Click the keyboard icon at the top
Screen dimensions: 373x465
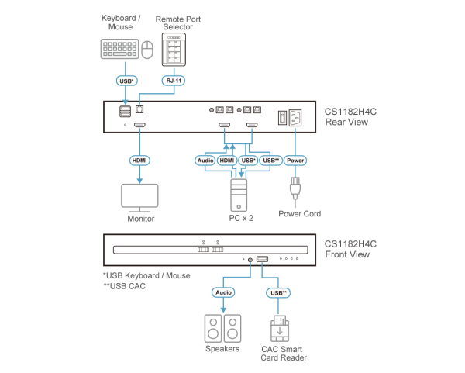point(119,50)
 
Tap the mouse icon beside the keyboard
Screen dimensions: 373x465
point(148,51)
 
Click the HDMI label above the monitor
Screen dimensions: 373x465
point(139,161)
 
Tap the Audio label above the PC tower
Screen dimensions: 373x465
point(204,161)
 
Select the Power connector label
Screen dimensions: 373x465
point(294,161)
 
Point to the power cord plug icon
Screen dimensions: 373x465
point(295,190)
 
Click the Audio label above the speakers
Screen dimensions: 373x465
point(222,292)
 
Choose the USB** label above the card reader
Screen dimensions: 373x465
point(278,292)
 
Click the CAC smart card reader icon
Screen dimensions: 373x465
point(279,329)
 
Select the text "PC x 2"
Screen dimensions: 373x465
point(241,219)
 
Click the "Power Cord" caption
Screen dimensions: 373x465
point(301,213)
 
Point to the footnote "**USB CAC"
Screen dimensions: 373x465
point(124,286)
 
